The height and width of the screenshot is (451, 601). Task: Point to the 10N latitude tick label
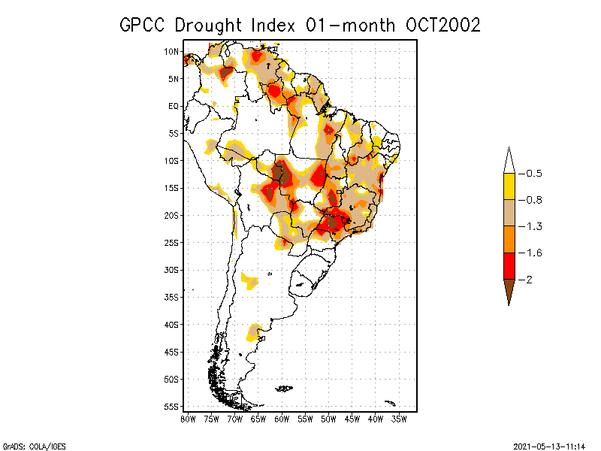pos(172,51)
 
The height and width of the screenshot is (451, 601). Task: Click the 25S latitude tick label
pos(172,242)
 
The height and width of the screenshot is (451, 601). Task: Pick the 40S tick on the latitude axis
pos(172,324)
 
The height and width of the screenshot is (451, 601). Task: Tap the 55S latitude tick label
pos(172,406)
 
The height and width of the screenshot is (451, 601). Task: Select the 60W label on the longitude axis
pos(282,419)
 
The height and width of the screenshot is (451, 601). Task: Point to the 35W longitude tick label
pos(400,419)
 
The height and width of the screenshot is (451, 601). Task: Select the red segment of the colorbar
pos(509,265)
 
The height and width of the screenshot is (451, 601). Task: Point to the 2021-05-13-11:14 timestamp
pos(549,446)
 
